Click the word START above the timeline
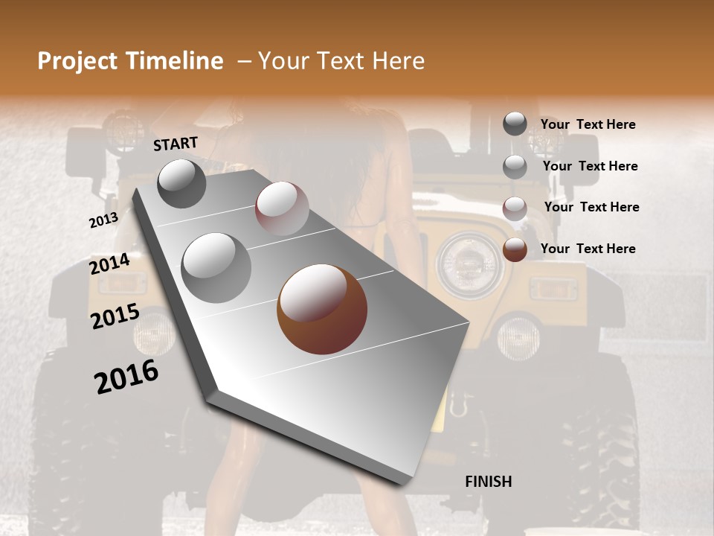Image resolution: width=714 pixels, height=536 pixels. tap(176, 144)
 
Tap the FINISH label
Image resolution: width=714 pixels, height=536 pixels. tap(488, 482)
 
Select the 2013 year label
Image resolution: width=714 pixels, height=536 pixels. tap(103, 220)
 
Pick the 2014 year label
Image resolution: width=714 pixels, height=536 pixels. tap(109, 264)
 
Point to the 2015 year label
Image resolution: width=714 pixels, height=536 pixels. tap(115, 316)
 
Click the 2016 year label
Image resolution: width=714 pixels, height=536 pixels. tap(126, 377)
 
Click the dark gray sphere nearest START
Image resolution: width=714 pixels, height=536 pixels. tap(181, 183)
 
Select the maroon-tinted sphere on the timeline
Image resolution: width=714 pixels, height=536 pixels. tap(282, 208)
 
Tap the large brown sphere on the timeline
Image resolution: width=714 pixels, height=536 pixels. tap(322, 309)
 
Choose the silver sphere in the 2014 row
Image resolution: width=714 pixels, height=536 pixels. tap(216, 267)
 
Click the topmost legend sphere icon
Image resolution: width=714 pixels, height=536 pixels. tap(515, 124)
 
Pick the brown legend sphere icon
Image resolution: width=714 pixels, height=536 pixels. tap(515, 249)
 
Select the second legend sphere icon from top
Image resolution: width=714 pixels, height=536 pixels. tap(515, 167)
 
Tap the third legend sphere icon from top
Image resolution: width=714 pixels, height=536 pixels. tap(515, 208)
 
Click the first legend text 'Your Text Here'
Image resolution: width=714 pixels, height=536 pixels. tap(588, 124)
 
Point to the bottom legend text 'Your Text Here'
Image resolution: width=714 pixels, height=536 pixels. tap(588, 249)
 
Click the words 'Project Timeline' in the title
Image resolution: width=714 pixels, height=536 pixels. tap(130, 61)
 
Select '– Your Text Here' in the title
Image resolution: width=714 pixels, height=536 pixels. tap(331, 61)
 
